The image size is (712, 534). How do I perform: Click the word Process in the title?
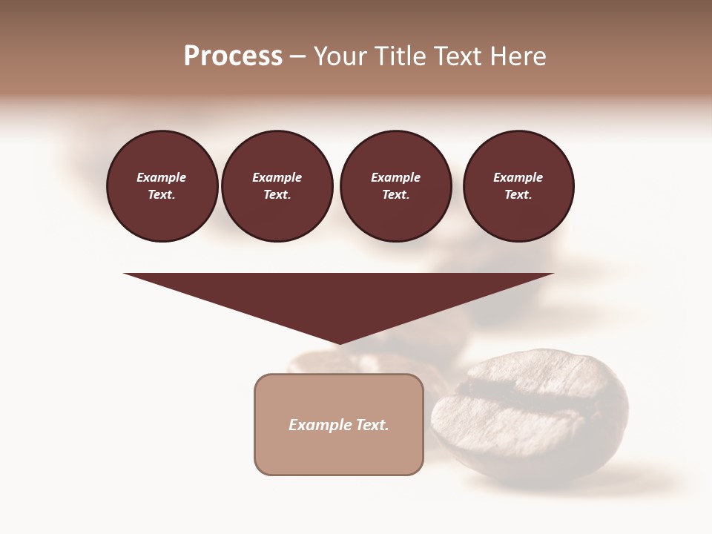tap(233, 56)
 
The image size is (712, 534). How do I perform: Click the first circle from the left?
tap(162, 186)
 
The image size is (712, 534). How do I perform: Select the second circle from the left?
tap(277, 186)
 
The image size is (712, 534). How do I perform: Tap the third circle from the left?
tap(396, 186)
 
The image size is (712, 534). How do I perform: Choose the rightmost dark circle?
tap(518, 186)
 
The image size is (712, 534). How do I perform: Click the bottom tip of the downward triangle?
tap(340, 343)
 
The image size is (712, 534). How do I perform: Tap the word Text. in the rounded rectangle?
tap(372, 425)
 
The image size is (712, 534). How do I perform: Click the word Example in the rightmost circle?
tap(518, 177)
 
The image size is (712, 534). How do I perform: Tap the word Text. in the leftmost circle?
tap(162, 195)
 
